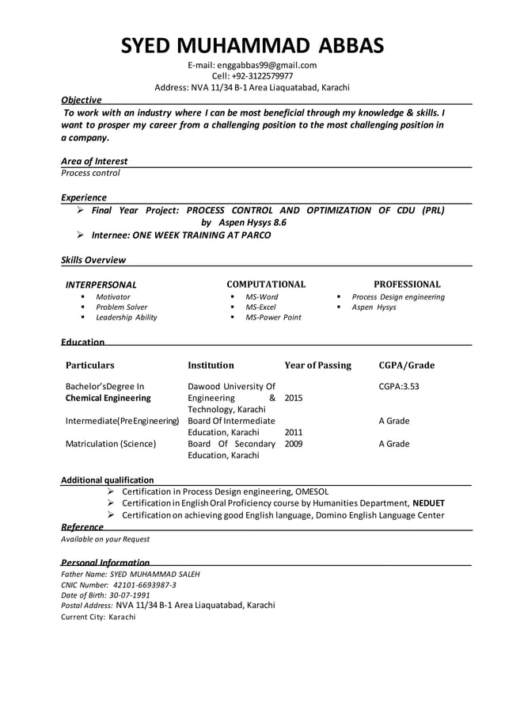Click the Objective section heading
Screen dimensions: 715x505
point(82,100)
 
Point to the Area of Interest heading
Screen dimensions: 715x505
point(94,161)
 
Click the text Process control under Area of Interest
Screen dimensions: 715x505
point(90,173)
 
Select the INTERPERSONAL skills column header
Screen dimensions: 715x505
point(101,285)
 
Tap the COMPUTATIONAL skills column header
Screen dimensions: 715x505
point(266,284)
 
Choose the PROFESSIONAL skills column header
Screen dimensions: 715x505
point(407,284)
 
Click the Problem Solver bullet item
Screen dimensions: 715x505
point(121,307)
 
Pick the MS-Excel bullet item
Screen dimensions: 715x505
point(260,307)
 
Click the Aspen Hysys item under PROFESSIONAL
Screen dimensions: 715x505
point(374,307)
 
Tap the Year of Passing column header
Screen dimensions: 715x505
point(317,365)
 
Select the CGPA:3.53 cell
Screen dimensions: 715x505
point(399,387)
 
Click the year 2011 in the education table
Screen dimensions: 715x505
point(293,433)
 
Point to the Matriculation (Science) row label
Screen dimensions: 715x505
point(111,444)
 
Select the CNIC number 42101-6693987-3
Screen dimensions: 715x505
point(144,585)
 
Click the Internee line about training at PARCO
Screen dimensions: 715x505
point(180,235)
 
